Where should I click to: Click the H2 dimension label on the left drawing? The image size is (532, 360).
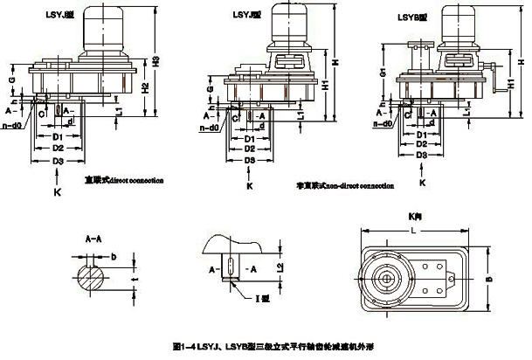[145, 85]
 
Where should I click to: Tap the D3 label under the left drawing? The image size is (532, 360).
[57, 163]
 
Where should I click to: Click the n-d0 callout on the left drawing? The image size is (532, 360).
[16, 126]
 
